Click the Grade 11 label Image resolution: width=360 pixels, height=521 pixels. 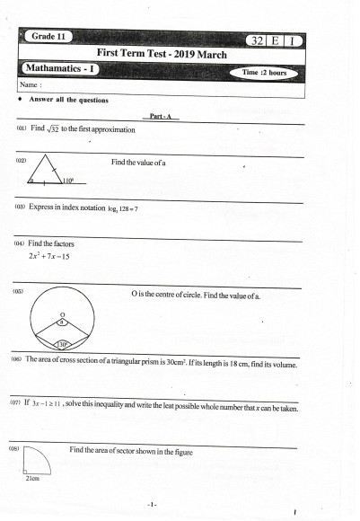51,36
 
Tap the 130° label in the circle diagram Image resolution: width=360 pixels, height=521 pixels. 62,344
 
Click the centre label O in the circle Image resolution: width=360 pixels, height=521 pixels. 62,312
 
